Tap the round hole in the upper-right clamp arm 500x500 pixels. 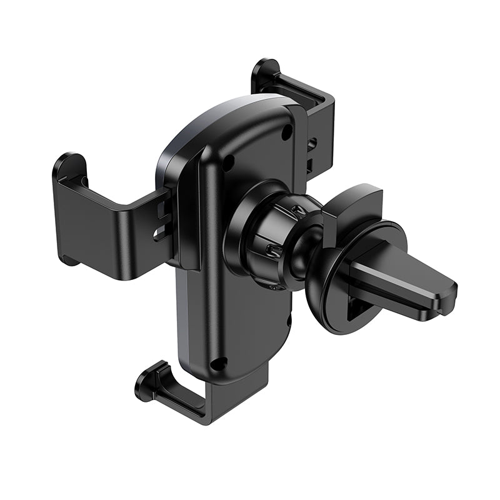(x=311, y=144)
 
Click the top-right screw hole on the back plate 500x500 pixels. (x=286, y=132)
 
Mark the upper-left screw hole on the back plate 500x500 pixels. (x=229, y=162)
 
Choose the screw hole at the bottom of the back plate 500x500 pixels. (x=218, y=363)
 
